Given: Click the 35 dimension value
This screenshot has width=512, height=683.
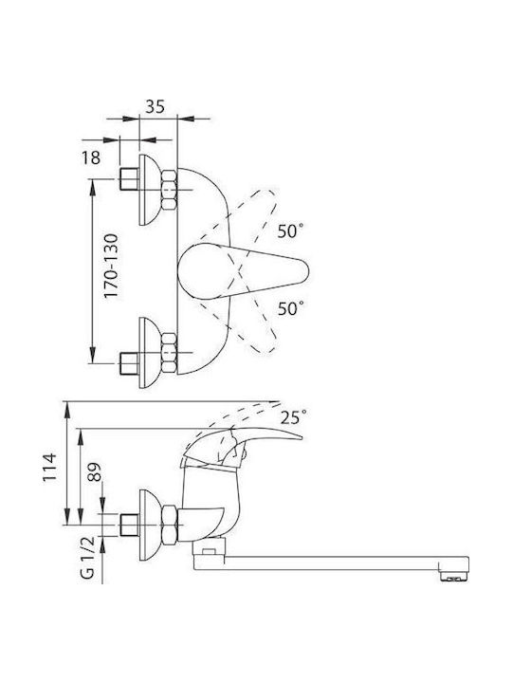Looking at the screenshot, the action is (x=155, y=106).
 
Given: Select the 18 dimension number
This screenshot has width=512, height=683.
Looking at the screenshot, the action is (x=91, y=157).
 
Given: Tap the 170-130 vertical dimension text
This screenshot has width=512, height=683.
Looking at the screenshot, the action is (x=111, y=267).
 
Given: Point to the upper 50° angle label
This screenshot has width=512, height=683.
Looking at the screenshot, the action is (x=290, y=231).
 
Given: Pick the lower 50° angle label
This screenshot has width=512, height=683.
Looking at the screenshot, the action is (x=290, y=309).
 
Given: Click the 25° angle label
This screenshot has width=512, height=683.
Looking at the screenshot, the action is (x=293, y=418).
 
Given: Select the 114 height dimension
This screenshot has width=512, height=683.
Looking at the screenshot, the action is (x=49, y=468).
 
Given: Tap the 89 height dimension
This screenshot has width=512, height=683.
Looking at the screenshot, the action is (x=95, y=471).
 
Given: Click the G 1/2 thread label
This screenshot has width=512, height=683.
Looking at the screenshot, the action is (x=87, y=558).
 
